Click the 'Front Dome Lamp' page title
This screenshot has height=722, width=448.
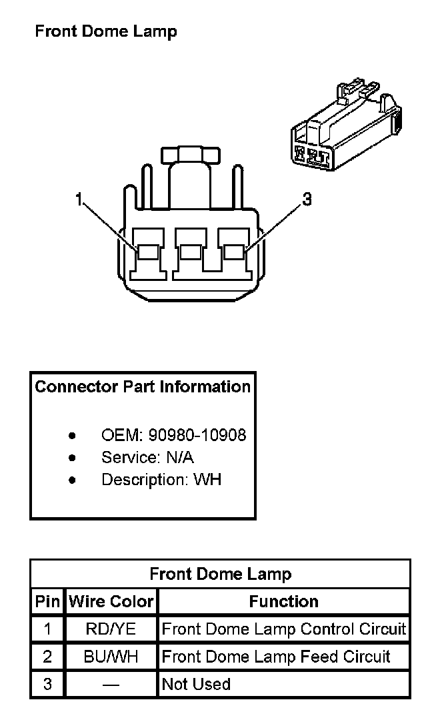click(105, 31)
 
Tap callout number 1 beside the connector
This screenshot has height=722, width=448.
click(79, 199)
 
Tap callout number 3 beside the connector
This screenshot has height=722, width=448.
click(307, 199)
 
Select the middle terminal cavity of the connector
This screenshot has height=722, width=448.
click(191, 252)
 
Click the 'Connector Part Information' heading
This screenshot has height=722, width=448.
click(143, 387)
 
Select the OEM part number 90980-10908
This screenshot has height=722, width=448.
click(197, 436)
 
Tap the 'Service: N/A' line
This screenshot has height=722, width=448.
click(147, 458)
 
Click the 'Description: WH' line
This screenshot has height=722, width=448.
click(161, 480)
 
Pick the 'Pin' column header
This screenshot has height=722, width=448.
click(47, 601)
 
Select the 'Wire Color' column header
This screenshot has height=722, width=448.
click(111, 601)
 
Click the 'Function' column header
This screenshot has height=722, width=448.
click(284, 601)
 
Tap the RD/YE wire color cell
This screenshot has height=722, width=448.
click(111, 629)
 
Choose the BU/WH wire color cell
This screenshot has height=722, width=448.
click(111, 657)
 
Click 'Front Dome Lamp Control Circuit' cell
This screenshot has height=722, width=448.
click(284, 629)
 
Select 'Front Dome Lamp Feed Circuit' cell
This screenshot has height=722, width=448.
click(276, 657)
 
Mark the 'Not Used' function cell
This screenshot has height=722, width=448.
click(196, 685)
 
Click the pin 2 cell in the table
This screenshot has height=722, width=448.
click(47, 657)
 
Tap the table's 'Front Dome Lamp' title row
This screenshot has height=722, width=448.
click(220, 574)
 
